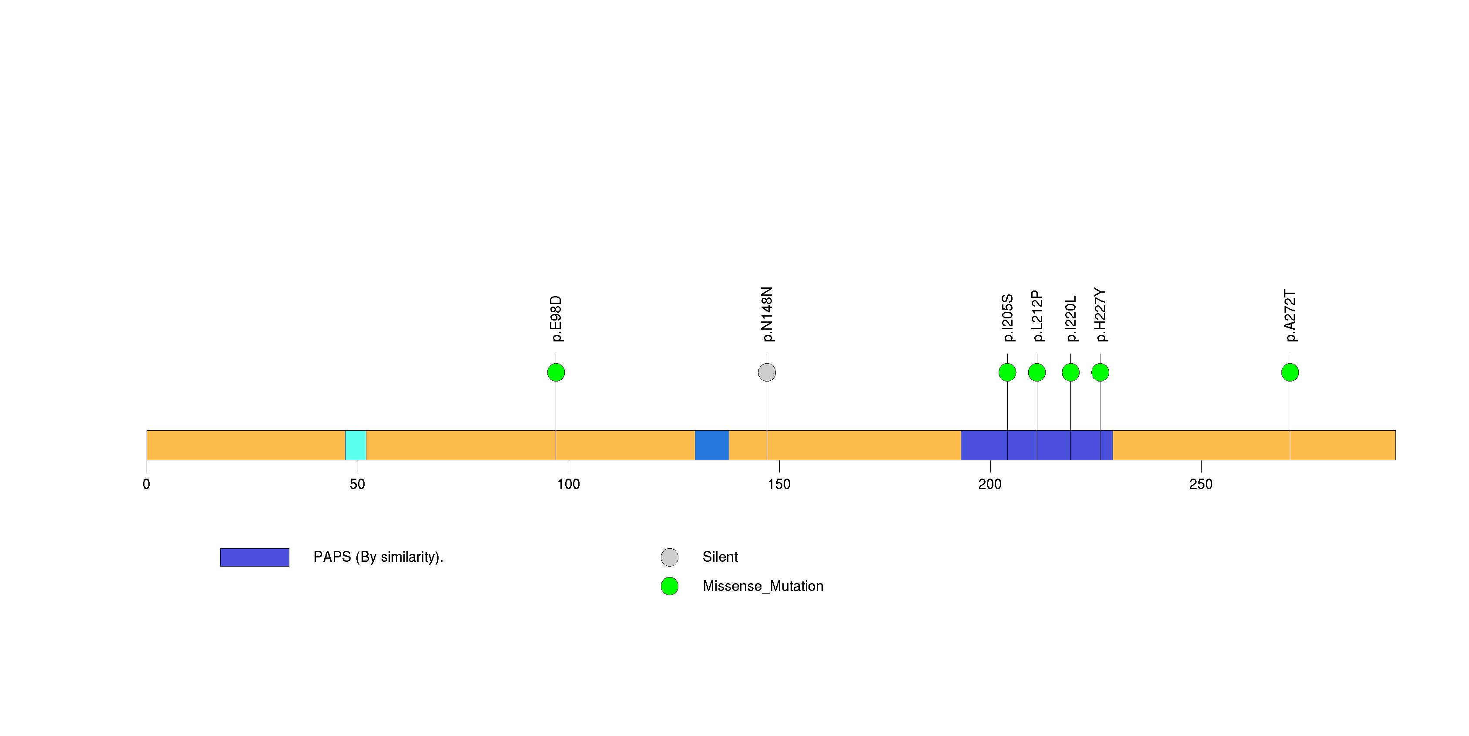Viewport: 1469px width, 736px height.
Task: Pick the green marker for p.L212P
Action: coord(1037,372)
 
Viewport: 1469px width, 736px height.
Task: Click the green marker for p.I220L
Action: coord(1070,372)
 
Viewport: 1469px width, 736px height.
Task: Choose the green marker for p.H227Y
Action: coord(1100,372)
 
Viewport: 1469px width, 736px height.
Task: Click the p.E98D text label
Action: coord(556,318)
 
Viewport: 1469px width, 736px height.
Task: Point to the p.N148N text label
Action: coord(767,314)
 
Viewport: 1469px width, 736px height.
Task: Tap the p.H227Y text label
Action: coord(1100,315)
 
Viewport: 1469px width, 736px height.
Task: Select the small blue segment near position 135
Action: coord(712,445)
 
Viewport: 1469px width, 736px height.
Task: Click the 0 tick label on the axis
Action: coord(147,484)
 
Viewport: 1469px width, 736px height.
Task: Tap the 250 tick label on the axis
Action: coord(1201,484)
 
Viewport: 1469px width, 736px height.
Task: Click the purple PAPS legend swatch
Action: coord(255,557)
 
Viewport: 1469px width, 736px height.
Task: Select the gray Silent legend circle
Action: coord(670,557)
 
